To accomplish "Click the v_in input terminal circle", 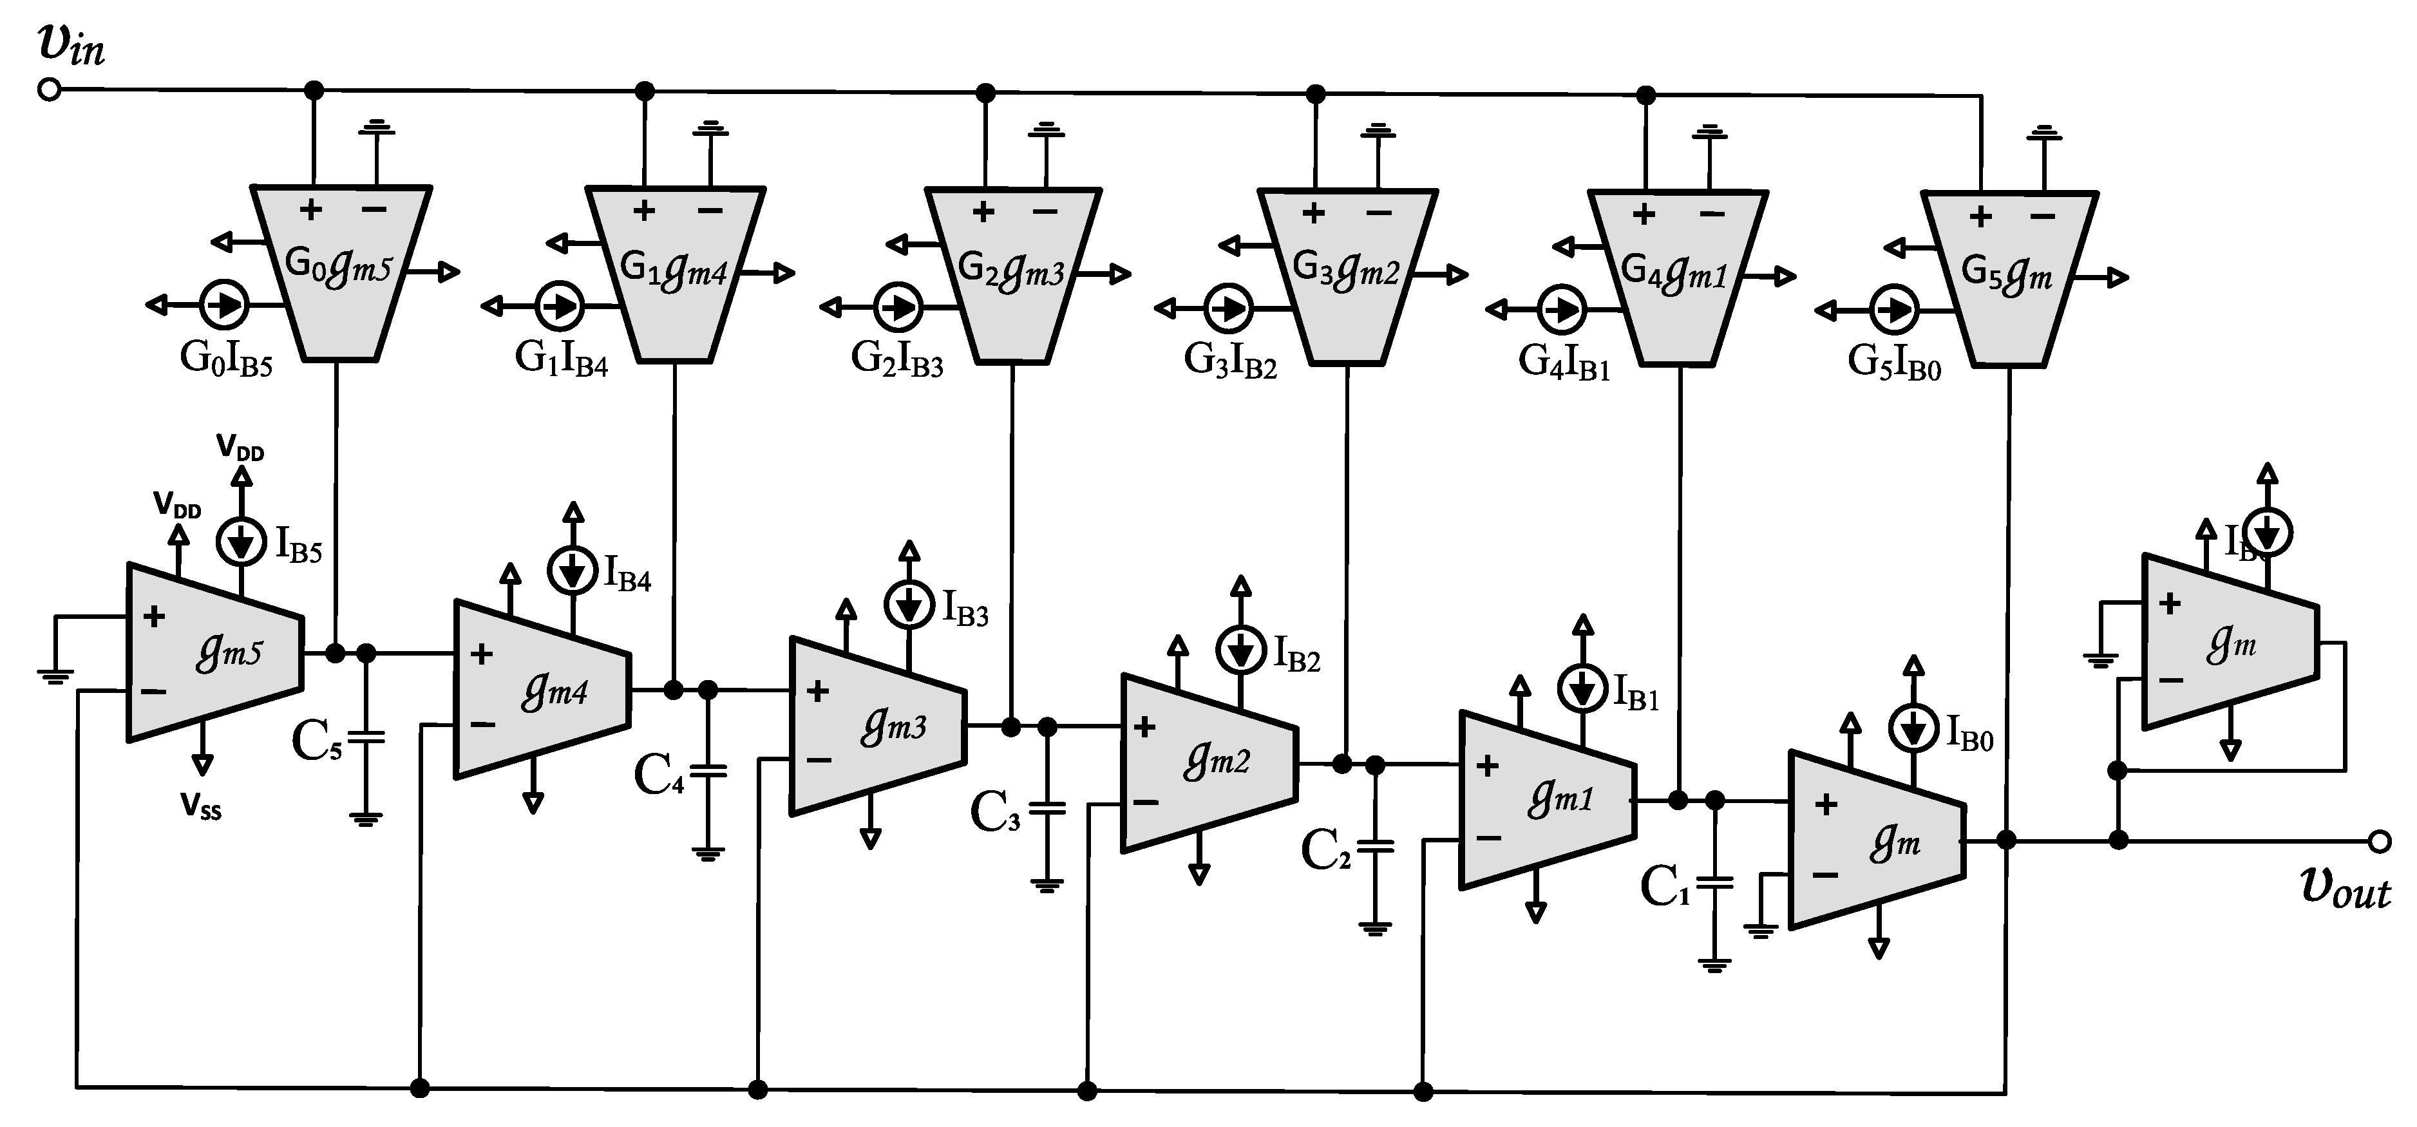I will (49, 90).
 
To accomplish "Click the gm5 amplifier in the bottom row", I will (216, 653).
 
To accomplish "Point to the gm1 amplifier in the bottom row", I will (1547, 799).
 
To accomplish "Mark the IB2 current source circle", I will (1240, 649).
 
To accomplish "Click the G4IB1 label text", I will (1564, 363).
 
